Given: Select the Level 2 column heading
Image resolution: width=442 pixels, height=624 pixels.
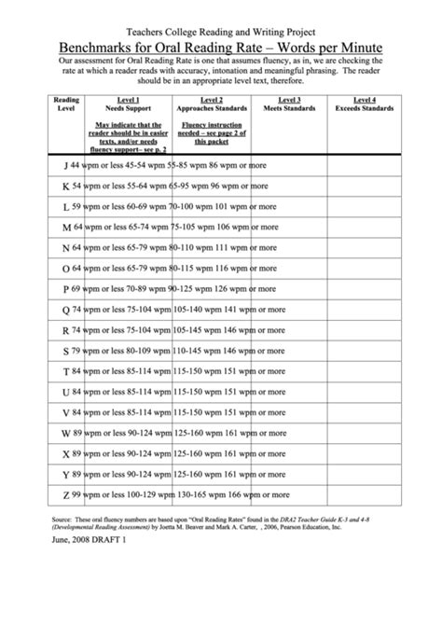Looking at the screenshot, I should [x=212, y=100].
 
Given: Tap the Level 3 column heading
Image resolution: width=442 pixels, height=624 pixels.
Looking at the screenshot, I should [x=289, y=100].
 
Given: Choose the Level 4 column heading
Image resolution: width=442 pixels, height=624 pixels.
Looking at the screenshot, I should [x=365, y=100].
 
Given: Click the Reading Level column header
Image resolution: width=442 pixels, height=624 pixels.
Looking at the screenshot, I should [x=65, y=104].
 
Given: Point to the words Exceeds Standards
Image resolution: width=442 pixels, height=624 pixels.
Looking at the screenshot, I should [x=365, y=108].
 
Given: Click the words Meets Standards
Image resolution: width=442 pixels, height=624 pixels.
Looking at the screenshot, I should [x=289, y=108].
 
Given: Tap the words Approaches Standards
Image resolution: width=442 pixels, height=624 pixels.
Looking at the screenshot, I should [x=212, y=108].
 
